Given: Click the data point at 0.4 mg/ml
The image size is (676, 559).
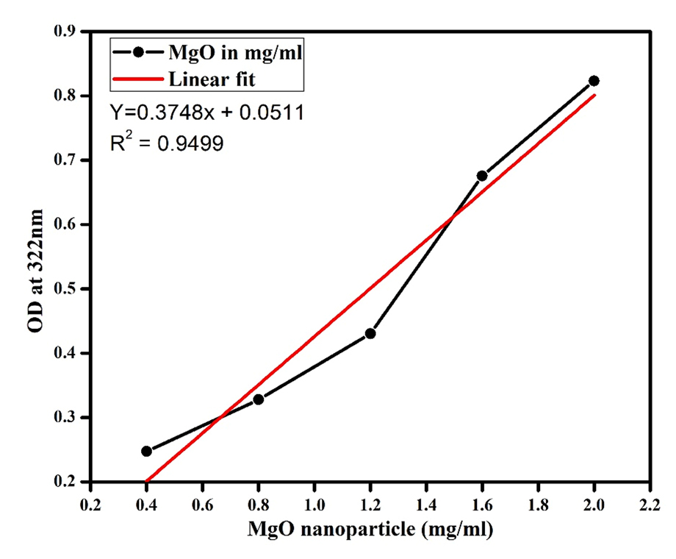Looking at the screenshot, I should (146, 451).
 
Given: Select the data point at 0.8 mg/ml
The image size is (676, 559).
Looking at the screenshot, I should (258, 399).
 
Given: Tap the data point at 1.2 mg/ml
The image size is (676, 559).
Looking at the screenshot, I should (370, 333).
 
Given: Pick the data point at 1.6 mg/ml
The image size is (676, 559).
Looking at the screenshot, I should (482, 176).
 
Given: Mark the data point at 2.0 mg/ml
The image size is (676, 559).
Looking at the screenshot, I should (594, 81).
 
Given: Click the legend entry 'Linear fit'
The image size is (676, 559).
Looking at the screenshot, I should (212, 77).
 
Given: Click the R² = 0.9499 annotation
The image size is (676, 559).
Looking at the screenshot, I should (167, 143).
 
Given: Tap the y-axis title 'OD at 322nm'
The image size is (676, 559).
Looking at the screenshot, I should (35, 271).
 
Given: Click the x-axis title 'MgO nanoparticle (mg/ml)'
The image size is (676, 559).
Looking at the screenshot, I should (370, 530).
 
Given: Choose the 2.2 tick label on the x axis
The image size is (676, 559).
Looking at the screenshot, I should (650, 505).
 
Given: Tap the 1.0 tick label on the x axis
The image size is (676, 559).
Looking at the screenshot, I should (314, 505).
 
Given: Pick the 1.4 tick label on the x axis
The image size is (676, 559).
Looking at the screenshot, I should (426, 505).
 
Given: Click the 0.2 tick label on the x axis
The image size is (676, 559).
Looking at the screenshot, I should (90, 505).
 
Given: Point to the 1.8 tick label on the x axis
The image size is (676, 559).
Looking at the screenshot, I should (538, 505).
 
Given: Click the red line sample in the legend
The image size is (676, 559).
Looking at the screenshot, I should (137, 77).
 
